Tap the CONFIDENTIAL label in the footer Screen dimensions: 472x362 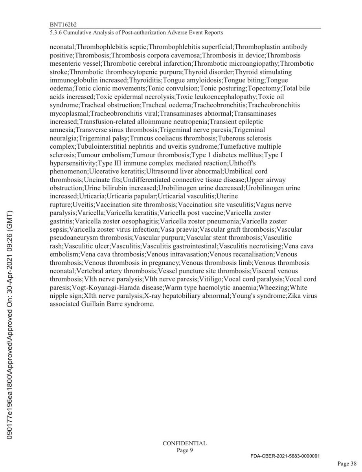click(184, 443)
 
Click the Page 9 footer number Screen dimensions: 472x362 click(184, 451)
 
